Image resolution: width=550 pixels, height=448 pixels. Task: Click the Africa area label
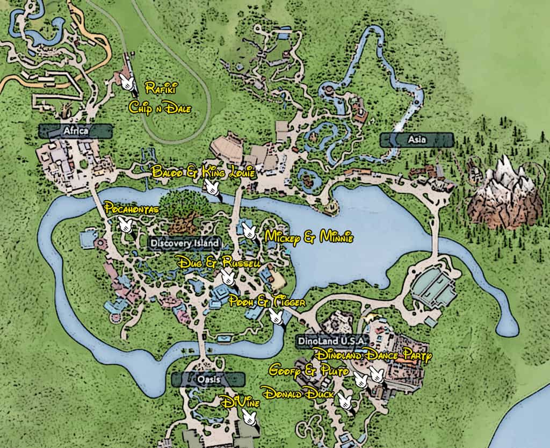[x=75, y=131]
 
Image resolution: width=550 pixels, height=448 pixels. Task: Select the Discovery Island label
[x=185, y=243]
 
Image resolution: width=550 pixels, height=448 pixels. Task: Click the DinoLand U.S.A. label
[x=330, y=341]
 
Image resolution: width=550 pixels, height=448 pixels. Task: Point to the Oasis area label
[x=208, y=379]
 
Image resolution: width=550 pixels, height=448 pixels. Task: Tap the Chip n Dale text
[x=160, y=107]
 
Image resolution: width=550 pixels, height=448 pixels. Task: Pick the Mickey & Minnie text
[x=309, y=237]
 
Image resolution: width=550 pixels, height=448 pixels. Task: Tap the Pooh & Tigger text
[x=266, y=302]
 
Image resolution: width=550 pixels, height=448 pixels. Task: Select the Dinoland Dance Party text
[x=374, y=355]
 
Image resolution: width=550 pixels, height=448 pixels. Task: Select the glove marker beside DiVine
[x=249, y=416]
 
